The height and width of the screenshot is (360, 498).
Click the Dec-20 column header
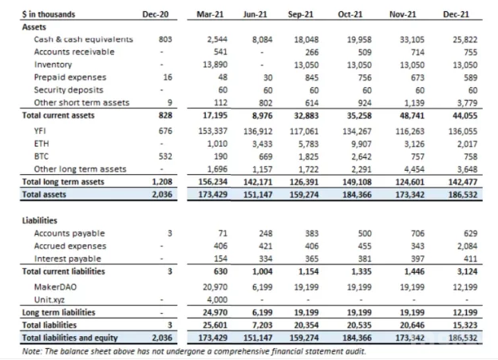click(x=156, y=14)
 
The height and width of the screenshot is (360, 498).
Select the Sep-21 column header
click(x=300, y=14)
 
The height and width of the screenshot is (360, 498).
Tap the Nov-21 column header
click(x=403, y=14)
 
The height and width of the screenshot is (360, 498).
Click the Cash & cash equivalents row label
click(x=84, y=39)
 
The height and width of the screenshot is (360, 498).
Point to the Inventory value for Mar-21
click(x=215, y=65)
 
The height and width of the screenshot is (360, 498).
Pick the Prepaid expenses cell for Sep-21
click(x=311, y=77)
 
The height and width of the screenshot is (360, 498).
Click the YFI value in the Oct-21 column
click(x=357, y=131)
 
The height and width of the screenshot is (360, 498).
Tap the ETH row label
click(x=41, y=144)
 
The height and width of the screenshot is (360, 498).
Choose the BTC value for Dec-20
click(x=165, y=156)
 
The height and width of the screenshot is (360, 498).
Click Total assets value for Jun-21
click(x=258, y=195)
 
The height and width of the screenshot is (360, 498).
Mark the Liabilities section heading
click(x=40, y=220)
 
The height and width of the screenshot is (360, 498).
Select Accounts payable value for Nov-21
click(x=417, y=234)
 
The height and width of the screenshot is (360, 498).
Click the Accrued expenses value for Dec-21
click(x=467, y=246)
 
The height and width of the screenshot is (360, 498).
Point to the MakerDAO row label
click(x=55, y=287)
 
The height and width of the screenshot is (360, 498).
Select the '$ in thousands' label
click(x=48, y=14)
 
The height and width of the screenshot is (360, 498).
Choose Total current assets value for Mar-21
click(x=215, y=115)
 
